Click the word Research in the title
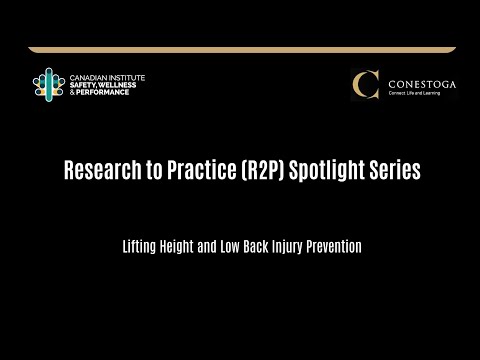pos(98,171)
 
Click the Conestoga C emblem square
pos(366,85)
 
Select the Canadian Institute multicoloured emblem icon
pos(48,84)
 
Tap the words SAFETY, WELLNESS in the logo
pos(103,84)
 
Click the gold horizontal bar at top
pos(240,49)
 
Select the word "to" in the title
pos(149,171)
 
